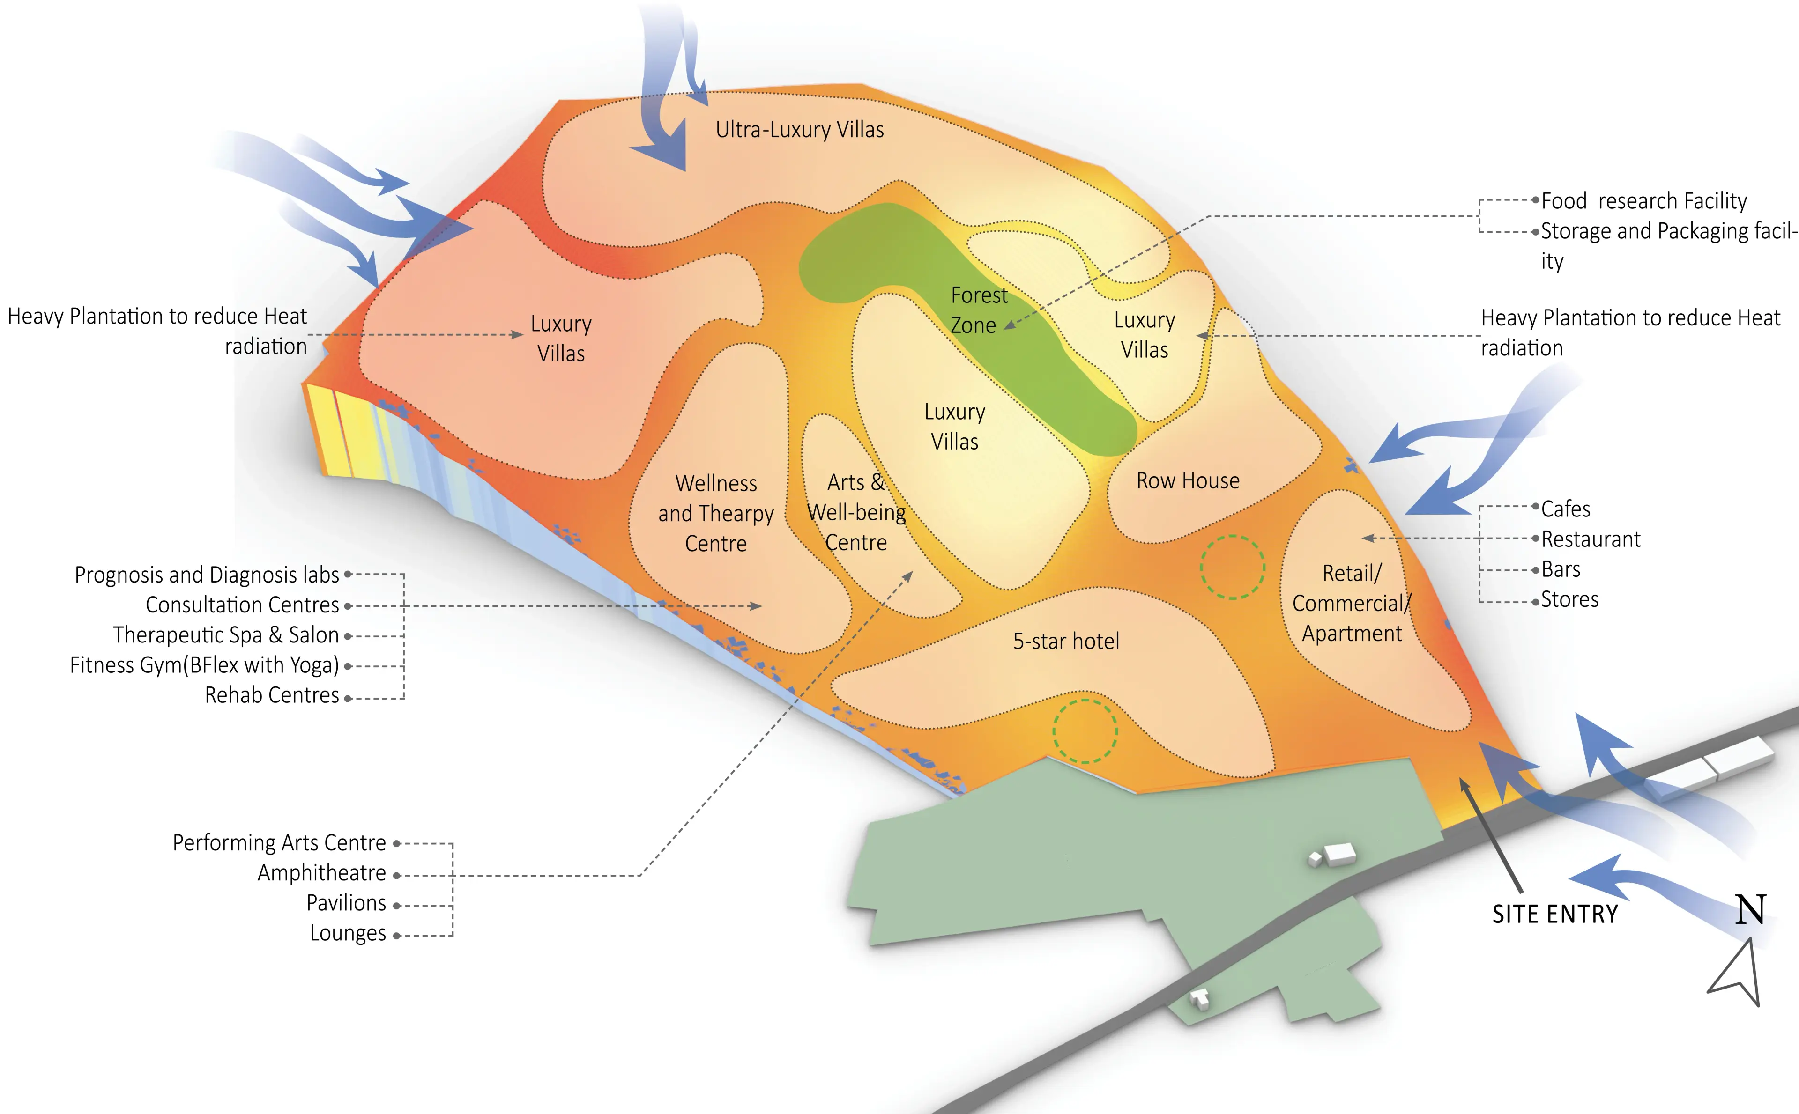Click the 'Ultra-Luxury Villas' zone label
pyautogui.click(x=800, y=130)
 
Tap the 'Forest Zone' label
pyautogui.click(x=978, y=310)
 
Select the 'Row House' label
pyautogui.click(x=1187, y=481)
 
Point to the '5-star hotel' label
pyautogui.click(x=1066, y=641)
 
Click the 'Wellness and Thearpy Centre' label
pyautogui.click(x=716, y=514)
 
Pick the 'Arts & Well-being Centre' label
pyautogui.click(x=856, y=512)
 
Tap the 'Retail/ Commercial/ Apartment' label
pyautogui.click(x=1351, y=604)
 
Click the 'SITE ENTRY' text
pyautogui.click(x=1555, y=915)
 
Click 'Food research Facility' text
pyautogui.click(x=1643, y=201)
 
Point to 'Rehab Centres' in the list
pyautogui.click(x=272, y=695)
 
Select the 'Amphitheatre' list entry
pyautogui.click(x=321, y=873)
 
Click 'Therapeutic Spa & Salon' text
pyautogui.click(x=225, y=635)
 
